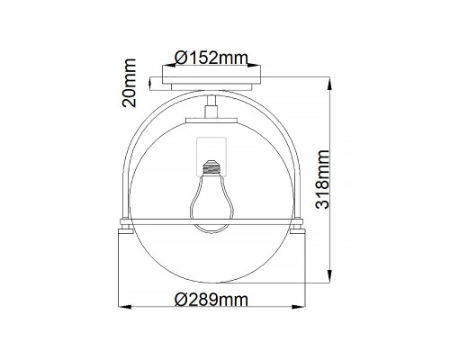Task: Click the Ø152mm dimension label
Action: point(211,58)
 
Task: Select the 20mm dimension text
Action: point(130,83)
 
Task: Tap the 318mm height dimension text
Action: point(322,179)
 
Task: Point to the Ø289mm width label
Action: point(211,300)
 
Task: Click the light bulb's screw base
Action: point(211,167)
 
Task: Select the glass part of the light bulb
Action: point(211,204)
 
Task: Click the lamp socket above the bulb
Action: point(211,157)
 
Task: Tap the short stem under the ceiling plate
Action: point(211,107)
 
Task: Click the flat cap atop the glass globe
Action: point(211,121)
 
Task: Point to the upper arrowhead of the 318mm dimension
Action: point(329,84)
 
